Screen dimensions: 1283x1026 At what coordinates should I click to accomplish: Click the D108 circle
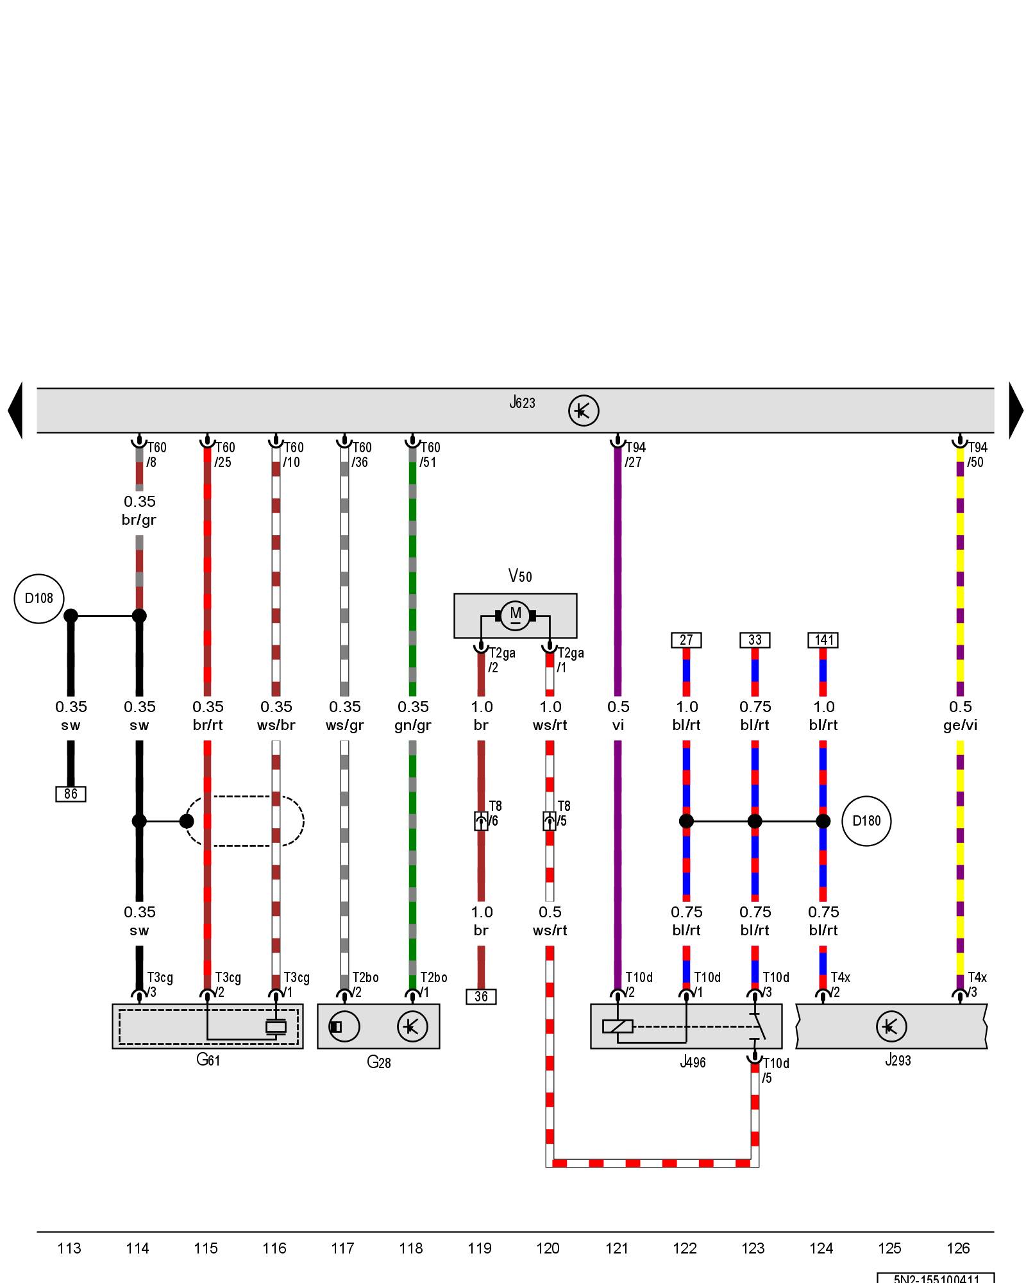tap(38, 599)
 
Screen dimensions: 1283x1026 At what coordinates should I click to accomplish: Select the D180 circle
tap(866, 821)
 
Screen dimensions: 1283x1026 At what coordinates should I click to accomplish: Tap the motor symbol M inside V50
tap(516, 615)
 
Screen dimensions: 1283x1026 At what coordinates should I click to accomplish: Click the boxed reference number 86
tap(71, 794)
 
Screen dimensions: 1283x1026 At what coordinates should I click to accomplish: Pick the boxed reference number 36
tap(481, 996)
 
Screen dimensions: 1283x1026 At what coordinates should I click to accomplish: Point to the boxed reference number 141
tap(823, 640)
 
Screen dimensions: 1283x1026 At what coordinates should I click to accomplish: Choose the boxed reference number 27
tap(686, 640)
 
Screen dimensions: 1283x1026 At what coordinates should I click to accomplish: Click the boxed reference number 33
tap(755, 640)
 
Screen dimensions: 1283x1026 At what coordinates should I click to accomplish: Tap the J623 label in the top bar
tap(522, 403)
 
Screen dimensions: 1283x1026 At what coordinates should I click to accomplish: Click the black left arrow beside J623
tap(15, 411)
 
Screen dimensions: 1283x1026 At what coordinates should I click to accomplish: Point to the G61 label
tap(208, 1059)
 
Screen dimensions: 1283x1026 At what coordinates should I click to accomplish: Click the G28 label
tap(378, 1062)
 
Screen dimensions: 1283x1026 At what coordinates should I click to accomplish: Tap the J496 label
tap(693, 1062)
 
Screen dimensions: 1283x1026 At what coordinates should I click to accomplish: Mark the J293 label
tap(898, 1060)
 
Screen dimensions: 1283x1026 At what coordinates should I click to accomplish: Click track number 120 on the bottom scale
tap(548, 1248)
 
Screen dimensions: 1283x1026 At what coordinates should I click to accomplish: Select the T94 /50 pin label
tap(977, 455)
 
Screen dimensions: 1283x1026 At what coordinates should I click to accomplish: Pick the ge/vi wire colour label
tap(960, 725)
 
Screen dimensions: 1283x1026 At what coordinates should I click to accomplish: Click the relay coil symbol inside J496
tap(618, 1026)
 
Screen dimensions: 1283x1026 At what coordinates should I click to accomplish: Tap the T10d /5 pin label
tap(775, 1071)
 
